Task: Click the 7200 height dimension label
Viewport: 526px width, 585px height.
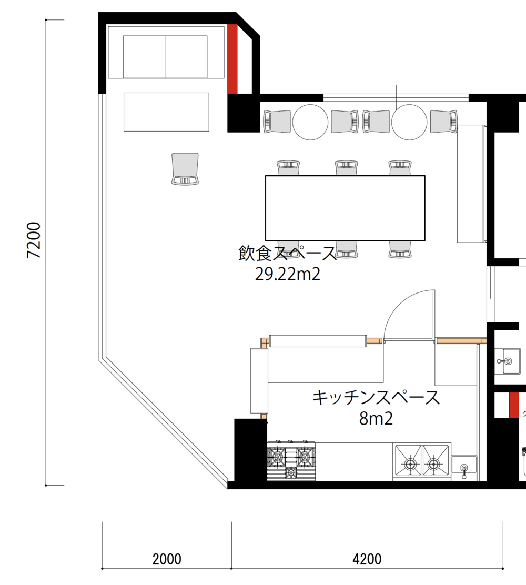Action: click(34, 240)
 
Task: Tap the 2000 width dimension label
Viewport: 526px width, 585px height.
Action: click(167, 559)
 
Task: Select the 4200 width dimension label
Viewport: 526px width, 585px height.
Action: click(367, 559)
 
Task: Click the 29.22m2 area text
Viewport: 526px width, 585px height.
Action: click(288, 274)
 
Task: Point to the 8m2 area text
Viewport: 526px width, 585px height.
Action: click(376, 419)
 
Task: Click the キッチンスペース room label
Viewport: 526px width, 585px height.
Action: click(376, 398)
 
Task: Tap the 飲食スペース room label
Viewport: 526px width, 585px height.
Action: click(288, 254)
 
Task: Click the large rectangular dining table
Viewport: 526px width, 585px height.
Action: click(345, 208)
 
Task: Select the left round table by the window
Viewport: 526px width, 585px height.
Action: click(310, 122)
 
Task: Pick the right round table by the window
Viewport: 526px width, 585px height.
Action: click(409, 122)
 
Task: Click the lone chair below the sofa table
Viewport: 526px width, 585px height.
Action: click(185, 169)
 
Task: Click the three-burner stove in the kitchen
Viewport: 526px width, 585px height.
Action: click(291, 461)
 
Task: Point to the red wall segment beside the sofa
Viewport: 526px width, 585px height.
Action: click(232, 59)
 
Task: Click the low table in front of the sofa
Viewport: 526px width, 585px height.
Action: click(166, 112)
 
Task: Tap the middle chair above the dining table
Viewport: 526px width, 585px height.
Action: click(347, 167)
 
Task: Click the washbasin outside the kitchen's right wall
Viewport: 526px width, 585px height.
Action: click(508, 361)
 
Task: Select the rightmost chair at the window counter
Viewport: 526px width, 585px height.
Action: click(444, 122)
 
